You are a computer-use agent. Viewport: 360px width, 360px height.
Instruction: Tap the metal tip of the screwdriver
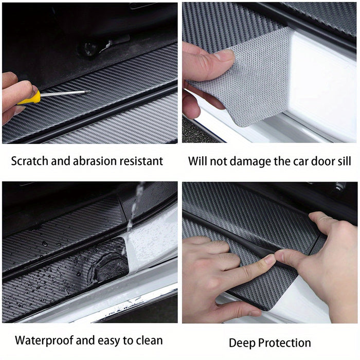point(85,93)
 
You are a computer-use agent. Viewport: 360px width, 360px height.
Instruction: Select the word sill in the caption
point(341,161)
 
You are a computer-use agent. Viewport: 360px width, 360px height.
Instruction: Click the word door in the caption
point(319,161)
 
